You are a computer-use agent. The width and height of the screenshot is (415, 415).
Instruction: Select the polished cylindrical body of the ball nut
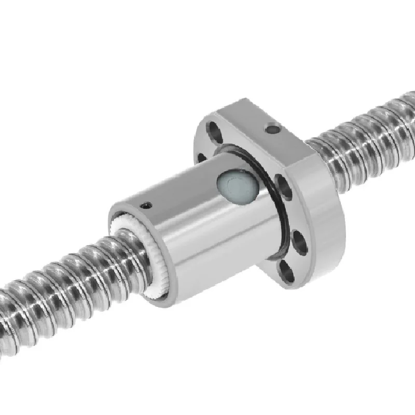coord(208,228)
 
